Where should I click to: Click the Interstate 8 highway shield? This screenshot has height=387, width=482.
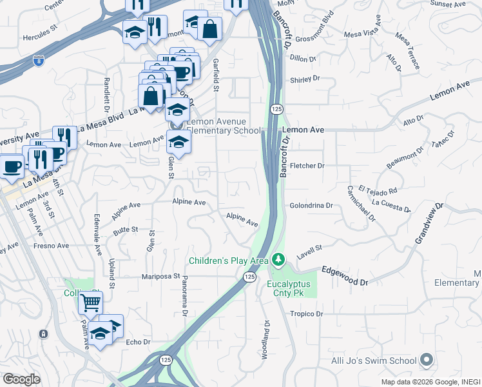39,62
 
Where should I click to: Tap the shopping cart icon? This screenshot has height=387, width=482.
91,301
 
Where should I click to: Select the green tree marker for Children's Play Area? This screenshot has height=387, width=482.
278,260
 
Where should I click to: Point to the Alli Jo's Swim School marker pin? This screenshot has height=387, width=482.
426,360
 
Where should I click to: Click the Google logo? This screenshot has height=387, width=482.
21,379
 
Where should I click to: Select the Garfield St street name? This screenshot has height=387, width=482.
217,75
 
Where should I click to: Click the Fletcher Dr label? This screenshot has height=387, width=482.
307,166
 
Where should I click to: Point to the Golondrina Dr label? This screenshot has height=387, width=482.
311,206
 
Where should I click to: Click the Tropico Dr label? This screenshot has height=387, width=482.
305,313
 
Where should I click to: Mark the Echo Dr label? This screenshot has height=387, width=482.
138,342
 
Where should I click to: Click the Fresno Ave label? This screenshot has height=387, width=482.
52,246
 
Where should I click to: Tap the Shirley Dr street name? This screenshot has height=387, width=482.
305,79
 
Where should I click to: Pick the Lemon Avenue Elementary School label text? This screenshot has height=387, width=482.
224,126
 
